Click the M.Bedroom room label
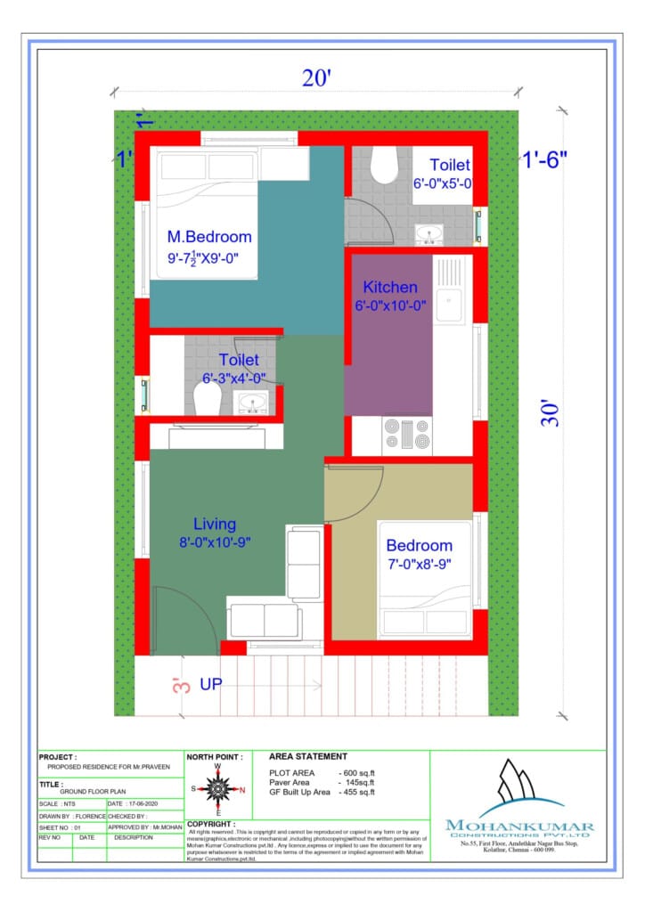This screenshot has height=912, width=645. pyautogui.click(x=209, y=237)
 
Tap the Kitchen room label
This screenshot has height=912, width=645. pyautogui.click(x=389, y=288)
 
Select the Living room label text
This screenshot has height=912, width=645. pyautogui.click(x=215, y=524)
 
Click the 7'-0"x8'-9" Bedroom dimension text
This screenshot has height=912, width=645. pyautogui.click(x=419, y=564)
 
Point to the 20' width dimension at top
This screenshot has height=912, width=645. pyautogui.click(x=316, y=78)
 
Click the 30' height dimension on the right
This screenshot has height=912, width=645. pyautogui.click(x=552, y=411)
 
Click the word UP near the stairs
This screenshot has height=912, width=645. pyautogui.click(x=211, y=684)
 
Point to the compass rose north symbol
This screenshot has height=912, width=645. pyautogui.click(x=217, y=788)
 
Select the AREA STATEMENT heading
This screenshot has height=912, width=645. pyautogui.click(x=307, y=756)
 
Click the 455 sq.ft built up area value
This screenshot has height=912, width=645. pyautogui.click(x=357, y=792)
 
